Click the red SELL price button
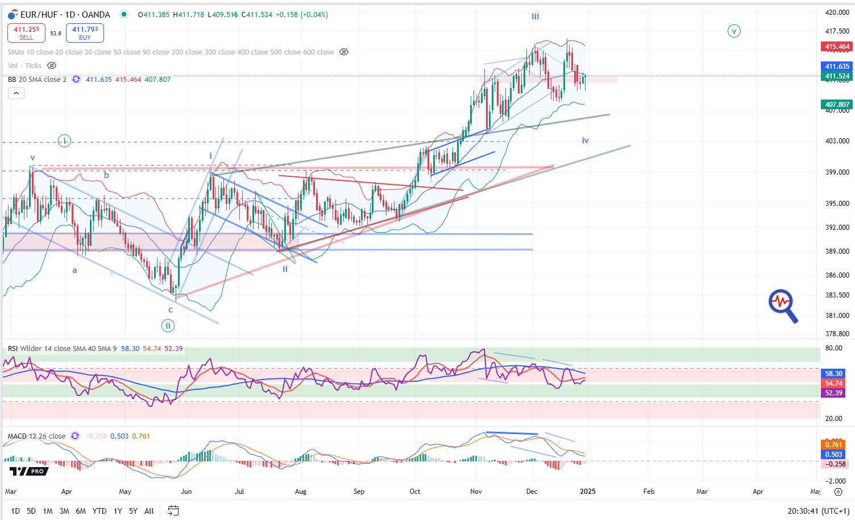26,33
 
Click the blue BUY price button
85,33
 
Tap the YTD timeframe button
99,511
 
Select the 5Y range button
133,511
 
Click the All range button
149,511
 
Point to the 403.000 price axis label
836,141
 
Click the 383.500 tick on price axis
836,295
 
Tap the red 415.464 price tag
836,47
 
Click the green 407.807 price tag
836,105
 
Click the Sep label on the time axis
358,491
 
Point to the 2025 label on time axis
588,491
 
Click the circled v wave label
734,31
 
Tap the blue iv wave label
585,141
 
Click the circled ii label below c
168,326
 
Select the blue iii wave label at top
535,16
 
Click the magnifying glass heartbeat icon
783,306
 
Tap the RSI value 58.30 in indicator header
130,348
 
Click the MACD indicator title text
36,436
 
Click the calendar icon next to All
173,511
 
